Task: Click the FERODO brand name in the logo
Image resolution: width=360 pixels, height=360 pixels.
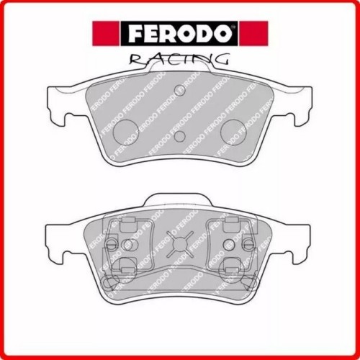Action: click(179, 32)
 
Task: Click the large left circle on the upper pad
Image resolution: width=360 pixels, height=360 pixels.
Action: click(127, 130)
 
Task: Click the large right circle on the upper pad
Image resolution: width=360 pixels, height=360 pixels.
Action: click(232, 130)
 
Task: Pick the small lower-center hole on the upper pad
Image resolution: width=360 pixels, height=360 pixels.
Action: click(179, 136)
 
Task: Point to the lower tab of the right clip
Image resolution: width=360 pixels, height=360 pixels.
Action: click(231, 266)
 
